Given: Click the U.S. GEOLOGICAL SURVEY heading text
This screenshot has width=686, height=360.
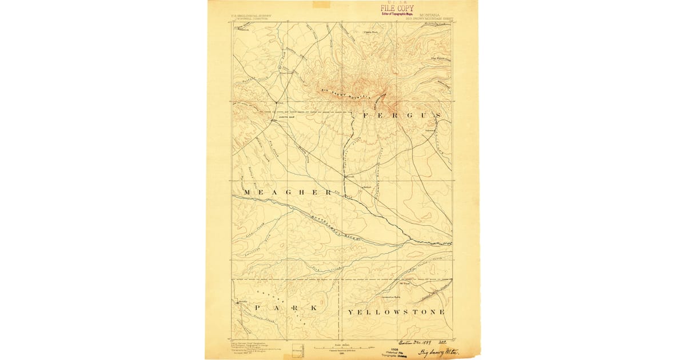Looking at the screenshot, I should [251, 16].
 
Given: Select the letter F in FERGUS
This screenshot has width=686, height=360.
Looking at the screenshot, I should [366, 115].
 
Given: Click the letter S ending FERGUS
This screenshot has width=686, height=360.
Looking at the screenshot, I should [437, 115].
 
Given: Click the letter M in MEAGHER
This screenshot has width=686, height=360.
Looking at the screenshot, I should [247, 193].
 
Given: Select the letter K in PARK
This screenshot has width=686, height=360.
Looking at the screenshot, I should [313, 309].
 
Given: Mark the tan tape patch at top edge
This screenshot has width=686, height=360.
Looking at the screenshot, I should [321, 4].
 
